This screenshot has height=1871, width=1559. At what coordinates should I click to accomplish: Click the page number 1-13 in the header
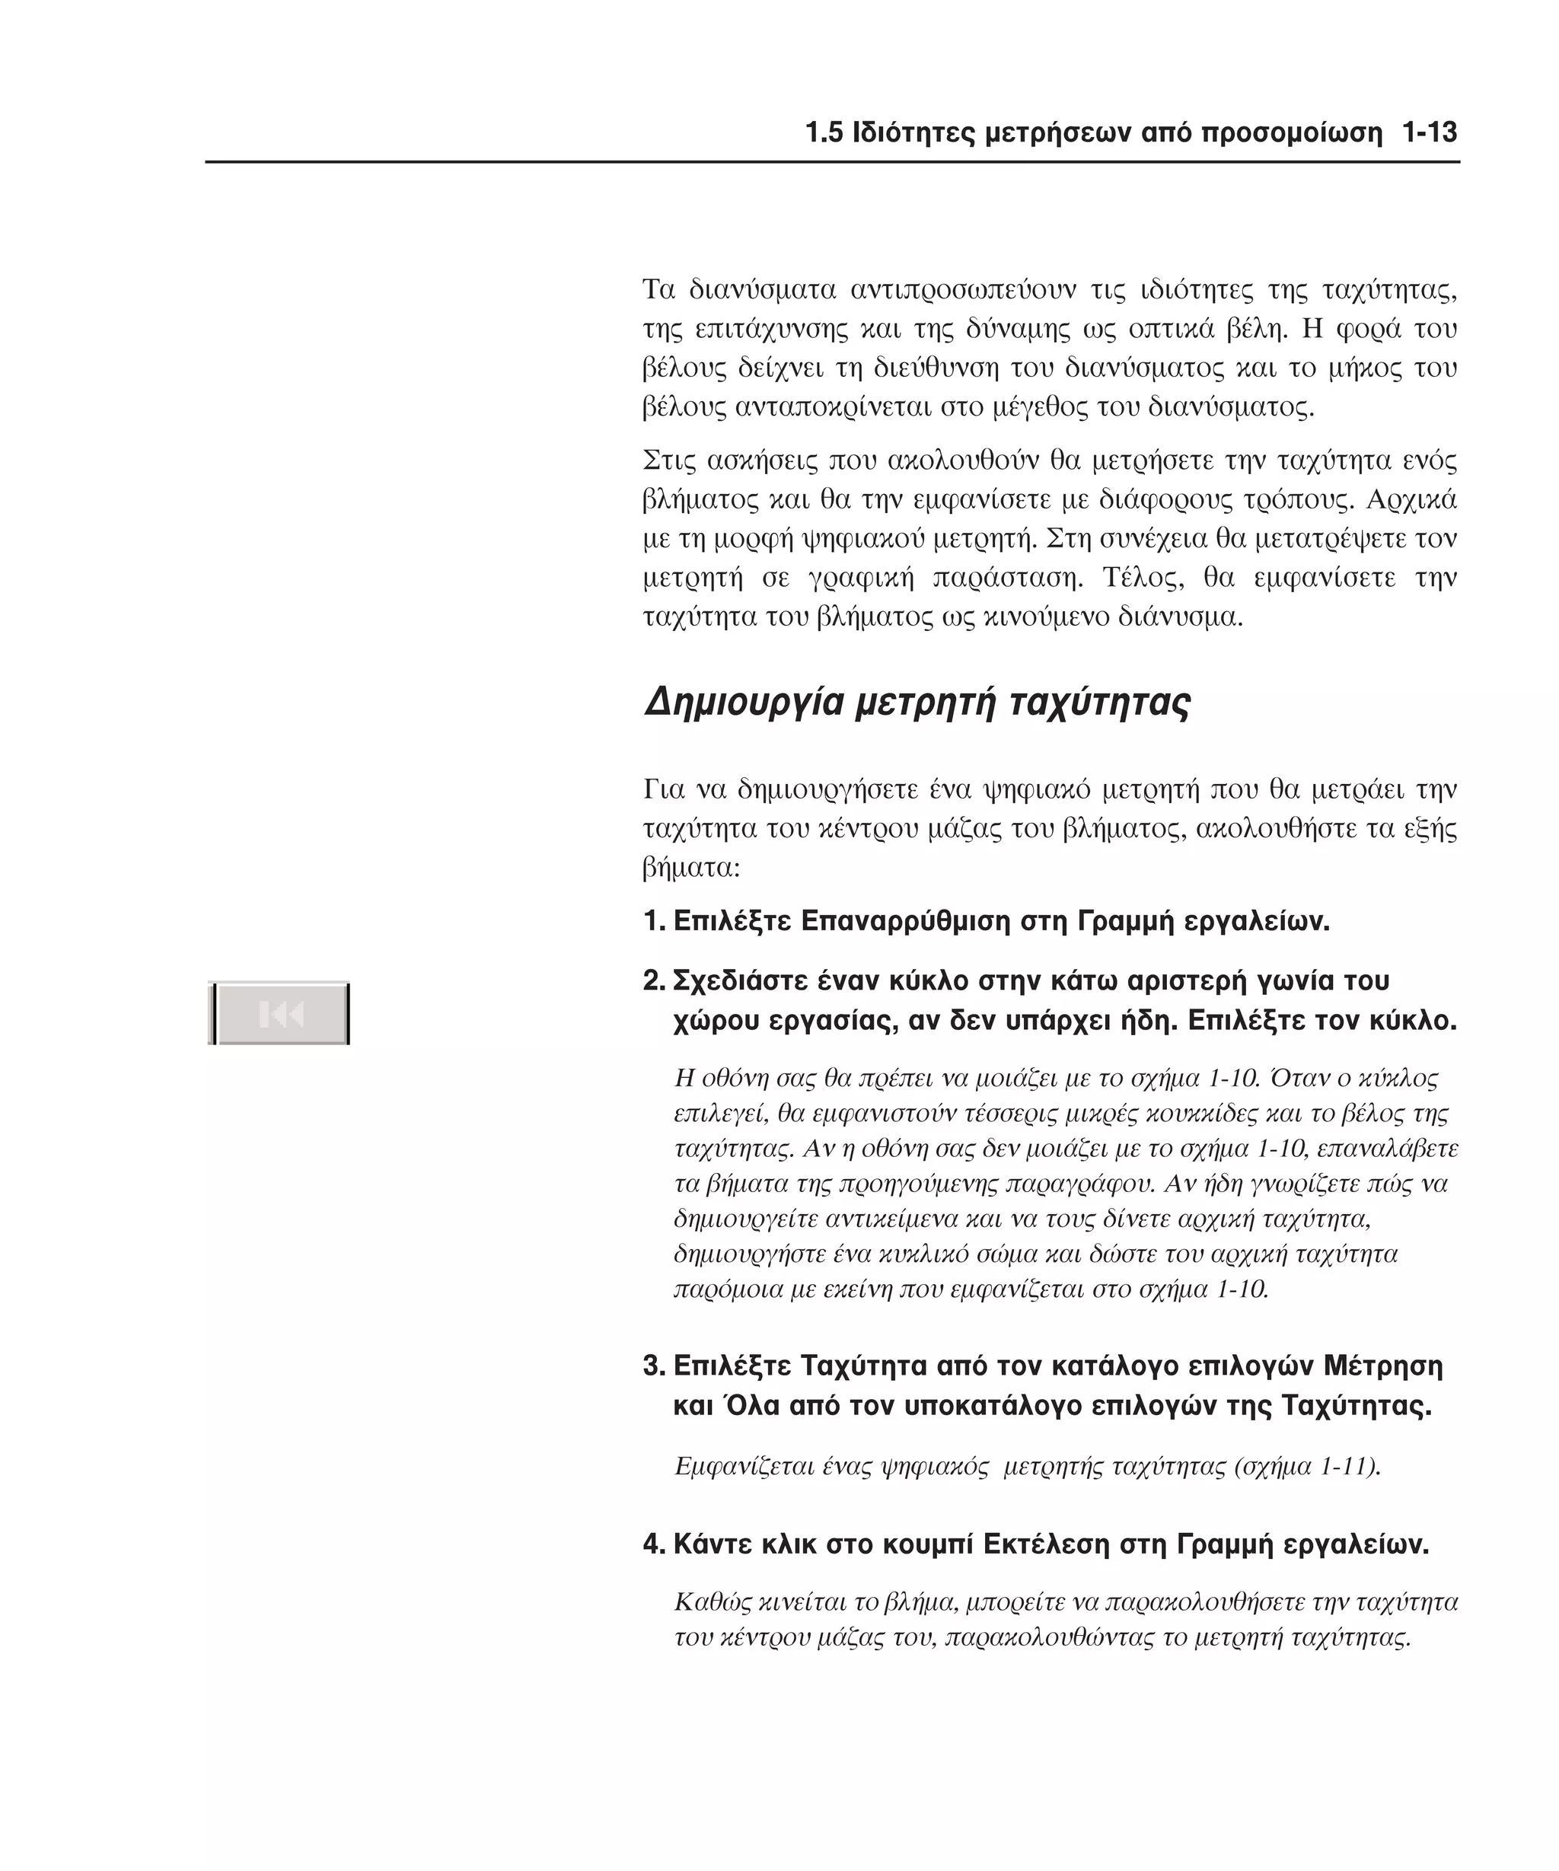[x=1429, y=132]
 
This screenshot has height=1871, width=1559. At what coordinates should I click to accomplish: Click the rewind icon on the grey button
[x=282, y=1014]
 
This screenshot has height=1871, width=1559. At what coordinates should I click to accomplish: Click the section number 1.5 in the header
[x=824, y=132]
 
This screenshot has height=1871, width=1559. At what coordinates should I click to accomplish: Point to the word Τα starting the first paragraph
[x=659, y=291]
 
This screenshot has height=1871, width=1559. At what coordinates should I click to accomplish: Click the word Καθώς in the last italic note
[x=712, y=1602]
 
